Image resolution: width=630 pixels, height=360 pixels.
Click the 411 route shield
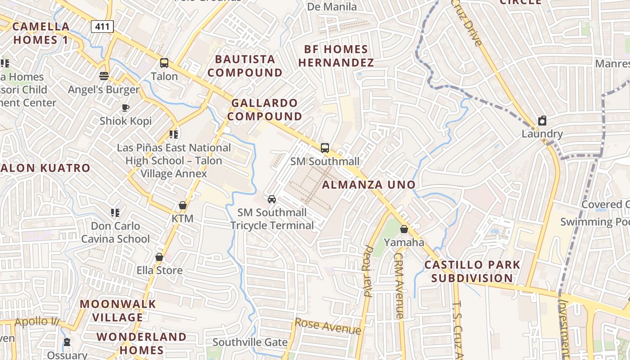click(x=102, y=27)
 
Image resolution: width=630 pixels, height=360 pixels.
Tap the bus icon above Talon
click(x=164, y=63)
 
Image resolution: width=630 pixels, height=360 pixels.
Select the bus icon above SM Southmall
click(x=324, y=148)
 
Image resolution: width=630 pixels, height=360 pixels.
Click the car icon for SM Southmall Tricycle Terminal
click(x=272, y=199)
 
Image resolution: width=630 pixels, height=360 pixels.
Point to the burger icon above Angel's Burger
click(x=104, y=76)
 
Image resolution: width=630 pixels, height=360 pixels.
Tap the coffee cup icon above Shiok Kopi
click(x=126, y=108)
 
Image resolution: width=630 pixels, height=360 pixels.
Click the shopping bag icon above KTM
click(x=182, y=205)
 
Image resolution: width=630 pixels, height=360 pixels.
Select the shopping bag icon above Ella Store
click(x=159, y=257)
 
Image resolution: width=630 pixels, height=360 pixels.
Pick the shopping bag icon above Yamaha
click(x=404, y=229)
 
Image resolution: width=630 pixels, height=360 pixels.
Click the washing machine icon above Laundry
click(x=542, y=121)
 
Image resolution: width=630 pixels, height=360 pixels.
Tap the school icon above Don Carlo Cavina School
click(x=115, y=212)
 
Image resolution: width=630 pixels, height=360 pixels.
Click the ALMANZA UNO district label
click(x=369, y=184)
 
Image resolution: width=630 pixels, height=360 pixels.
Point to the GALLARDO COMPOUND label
click(x=264, y=109)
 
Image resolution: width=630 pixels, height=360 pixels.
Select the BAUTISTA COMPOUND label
click(x=245, y=66)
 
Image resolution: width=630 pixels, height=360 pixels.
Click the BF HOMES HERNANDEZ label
click(x=336, y=56)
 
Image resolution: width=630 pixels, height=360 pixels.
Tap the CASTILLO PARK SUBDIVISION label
click(x=472, y=271)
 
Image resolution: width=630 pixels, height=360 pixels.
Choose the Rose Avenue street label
click(x=328, y=326)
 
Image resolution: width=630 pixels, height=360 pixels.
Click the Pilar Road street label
click(x=369, y=271)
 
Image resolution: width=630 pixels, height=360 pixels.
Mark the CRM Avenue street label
click(x=399, y=285)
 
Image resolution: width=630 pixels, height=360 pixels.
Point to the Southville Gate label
click(x=250, y=342)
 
